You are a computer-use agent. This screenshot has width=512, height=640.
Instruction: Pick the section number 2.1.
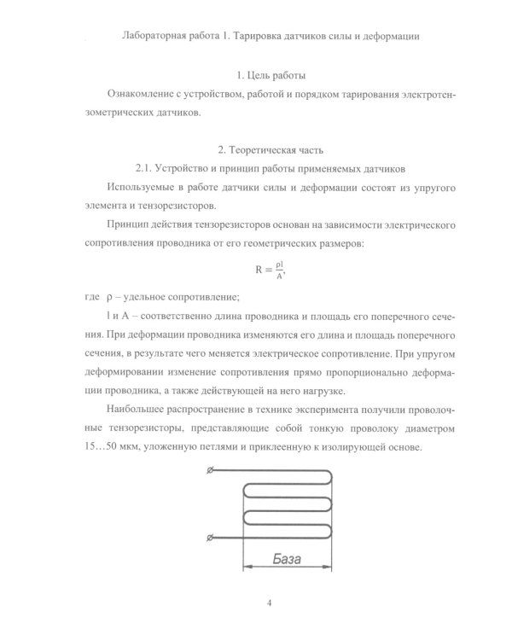coord(148,168)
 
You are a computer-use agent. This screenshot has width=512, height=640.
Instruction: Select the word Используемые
coord(148,187)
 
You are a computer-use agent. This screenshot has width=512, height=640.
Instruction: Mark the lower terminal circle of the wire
coord(212,537)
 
